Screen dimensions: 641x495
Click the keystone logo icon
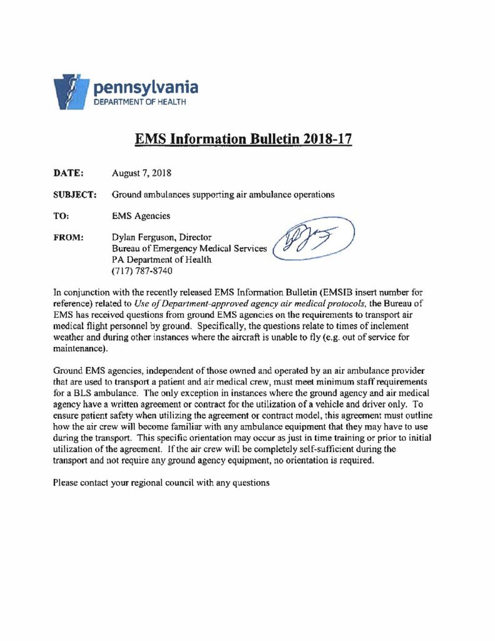68,92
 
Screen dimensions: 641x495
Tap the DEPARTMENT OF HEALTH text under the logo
139,102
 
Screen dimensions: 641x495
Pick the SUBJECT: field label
74,195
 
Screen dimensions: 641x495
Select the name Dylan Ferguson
143,237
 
